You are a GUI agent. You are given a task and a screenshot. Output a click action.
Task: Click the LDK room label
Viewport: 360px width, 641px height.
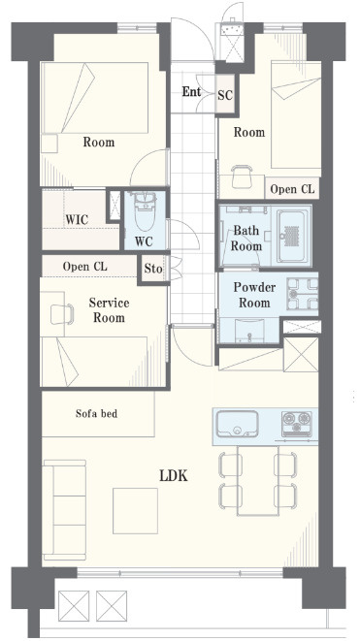pos(174,475)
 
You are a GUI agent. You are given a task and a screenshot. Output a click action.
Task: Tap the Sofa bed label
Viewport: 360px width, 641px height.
pos(96,414)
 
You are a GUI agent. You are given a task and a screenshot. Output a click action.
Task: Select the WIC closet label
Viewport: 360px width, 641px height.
pos(77,219)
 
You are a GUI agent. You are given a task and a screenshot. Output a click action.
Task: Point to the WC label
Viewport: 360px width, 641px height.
pos(144,241)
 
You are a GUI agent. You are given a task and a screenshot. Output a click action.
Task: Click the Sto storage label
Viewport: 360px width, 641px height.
pos(153,269)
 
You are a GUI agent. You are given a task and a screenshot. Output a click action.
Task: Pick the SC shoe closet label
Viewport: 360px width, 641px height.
pos(225,95)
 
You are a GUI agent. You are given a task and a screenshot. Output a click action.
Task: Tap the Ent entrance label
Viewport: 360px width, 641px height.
pos(191,91)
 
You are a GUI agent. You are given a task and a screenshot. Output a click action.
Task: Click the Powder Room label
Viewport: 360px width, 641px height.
pos(254,295)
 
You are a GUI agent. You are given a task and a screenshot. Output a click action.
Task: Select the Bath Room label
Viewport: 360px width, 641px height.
pos(246,239)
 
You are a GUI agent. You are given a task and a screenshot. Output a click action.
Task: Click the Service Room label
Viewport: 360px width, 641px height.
pos(109,310)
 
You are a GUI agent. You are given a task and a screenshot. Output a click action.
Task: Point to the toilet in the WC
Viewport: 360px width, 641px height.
pos(145,211)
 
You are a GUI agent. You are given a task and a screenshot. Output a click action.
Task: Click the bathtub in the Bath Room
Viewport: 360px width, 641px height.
pos(293,236)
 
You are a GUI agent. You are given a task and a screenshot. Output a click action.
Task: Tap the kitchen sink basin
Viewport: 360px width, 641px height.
pos(238,425)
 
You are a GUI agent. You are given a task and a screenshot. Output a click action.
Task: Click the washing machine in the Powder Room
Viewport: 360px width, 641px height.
pos(303,294)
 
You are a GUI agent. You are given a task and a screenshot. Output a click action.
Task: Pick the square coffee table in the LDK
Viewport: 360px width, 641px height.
pos(136,511)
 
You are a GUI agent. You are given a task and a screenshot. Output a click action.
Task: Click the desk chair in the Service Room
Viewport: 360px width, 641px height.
pos(62,314)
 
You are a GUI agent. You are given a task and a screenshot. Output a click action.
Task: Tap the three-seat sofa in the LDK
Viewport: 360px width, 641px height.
pos(64,510)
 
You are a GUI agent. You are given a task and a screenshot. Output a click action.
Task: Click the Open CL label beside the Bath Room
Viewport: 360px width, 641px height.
pos(292,189)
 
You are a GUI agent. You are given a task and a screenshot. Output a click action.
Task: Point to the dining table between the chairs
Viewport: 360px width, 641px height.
pos(258,480)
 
